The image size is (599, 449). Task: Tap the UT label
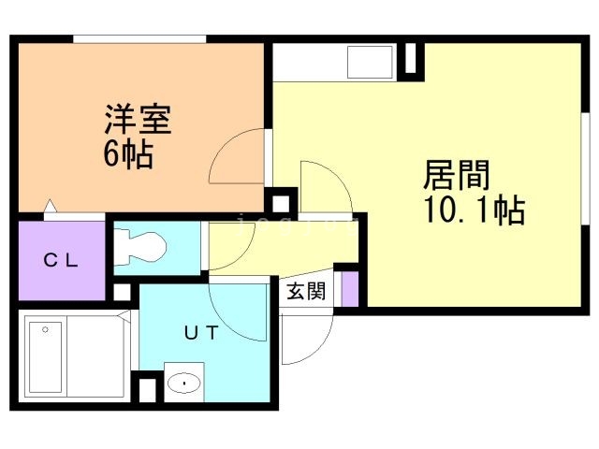(x=200, y=332)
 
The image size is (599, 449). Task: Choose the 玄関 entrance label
(x=305, y=292)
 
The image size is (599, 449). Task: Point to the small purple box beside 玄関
(x=349, y=290)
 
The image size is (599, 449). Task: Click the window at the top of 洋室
(x=139, y=38)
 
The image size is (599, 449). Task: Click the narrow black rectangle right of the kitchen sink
(x=409, y=60)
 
